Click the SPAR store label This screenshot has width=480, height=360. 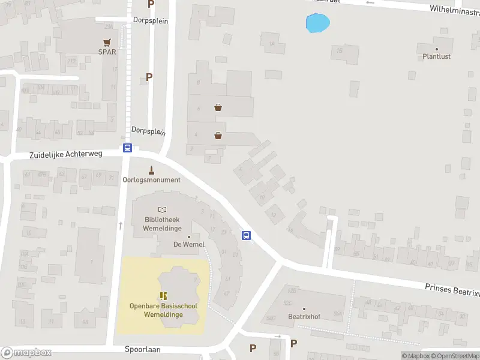click(107, 52)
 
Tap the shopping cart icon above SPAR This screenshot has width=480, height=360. click(107, 42)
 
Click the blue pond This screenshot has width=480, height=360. click(317, 23)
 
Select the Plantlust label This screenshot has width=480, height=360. click(436, 56)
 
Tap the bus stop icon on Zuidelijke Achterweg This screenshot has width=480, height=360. click(127, 148)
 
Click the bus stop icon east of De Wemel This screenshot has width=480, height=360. click(246, 235)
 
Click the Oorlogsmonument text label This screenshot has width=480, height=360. click(151, 180)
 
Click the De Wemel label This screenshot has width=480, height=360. click(189, 244)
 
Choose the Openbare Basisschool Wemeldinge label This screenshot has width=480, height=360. click(163, 310)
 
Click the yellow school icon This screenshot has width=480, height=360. click(163, 296)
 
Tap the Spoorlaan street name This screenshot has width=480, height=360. click(143, 349)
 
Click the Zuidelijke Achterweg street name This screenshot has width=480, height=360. click(66, 154)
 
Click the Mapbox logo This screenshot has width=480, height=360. click(26, 353)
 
